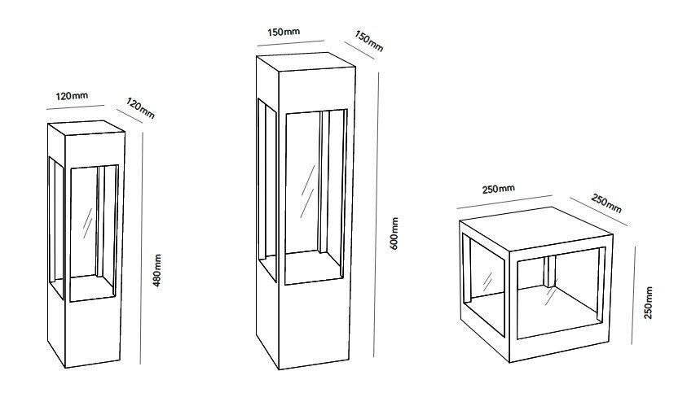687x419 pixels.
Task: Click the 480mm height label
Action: click(x=158, y=270)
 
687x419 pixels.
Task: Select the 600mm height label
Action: click(x=394, y=234)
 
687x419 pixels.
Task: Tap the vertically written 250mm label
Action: click(x=649, y=303)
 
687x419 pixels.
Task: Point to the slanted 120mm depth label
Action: click(x=141, y=108)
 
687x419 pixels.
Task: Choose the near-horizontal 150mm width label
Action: click(x=284, y=32)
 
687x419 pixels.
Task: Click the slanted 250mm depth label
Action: click(x=606, y=203)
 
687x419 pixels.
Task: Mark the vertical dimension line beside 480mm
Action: click(x=142, y=248)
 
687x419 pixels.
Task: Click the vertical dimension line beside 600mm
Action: click(x=376, y=215)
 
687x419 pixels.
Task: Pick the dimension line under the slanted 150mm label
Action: click(x=359, y=50)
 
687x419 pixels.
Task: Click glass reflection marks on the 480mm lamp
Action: click(x=88, y=223)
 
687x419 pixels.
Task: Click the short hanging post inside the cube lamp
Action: click(x=550, y=271)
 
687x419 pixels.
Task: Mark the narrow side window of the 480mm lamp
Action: click(x=56, y=228)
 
